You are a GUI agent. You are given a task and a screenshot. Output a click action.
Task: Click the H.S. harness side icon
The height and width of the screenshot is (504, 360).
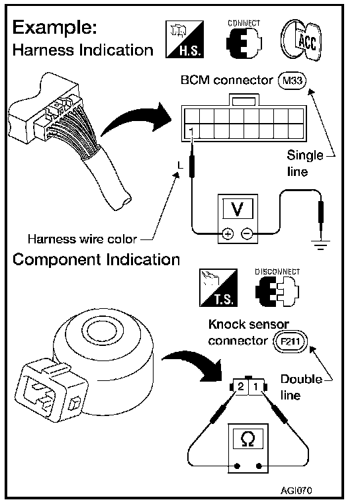pyautogui.click(x=185, y=39)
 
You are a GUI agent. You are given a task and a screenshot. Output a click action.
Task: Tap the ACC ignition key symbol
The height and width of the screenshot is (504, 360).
pyautogui.click(x=301, y=40)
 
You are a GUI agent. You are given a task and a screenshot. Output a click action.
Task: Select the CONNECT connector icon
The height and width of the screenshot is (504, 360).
pyautogui.click(x=244, y=39)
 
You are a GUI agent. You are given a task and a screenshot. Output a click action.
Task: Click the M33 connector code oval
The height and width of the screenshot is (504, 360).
pyautogui.click(x=292, y=80)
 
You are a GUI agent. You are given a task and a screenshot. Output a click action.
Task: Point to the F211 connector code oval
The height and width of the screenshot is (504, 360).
pyautogui.click(x=291, y=341)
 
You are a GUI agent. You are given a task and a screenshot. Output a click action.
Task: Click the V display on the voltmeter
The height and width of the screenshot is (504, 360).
pyautogui.click(x=238, y=209)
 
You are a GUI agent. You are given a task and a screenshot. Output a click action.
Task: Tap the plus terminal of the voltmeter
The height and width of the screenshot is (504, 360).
pyautogui.click(x=228, y=233)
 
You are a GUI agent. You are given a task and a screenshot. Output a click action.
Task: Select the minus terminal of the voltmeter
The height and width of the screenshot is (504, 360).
pyautogui.click(x=247, y=233)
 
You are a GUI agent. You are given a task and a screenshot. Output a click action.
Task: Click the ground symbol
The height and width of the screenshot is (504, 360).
pyautogui.click(x=320, y=244)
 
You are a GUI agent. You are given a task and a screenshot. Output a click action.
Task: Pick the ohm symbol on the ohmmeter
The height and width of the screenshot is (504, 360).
pyautogui.click(x=248, y=439)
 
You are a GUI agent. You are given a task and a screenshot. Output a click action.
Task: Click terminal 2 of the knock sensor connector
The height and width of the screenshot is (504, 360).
pyautogui.click(x=241, y=387)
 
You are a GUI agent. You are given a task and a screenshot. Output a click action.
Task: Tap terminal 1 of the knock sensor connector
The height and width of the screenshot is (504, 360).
pyautogui.click(x=255, y=387)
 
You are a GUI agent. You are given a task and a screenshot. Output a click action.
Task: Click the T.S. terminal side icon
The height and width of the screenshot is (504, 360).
pyautogui.click(x=218, y=288)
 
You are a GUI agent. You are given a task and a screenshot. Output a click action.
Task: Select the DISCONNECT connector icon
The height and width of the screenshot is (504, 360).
pyautogui.click(x=277, y=287)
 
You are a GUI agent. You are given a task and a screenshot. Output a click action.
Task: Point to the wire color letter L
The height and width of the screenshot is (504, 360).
pyautogui.click(x=180, y=165)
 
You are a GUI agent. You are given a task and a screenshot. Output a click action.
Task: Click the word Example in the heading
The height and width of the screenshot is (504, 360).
pyautogui.click(x=55, y=28)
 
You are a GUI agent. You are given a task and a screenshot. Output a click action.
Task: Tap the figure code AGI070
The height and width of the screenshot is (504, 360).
pyautogui.click(x=296, y=491)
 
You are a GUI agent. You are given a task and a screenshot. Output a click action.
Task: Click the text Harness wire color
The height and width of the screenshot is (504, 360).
pyautogui.click(x=82, y=239)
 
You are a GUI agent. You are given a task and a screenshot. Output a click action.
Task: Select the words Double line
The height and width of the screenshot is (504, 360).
pyautogui.click(x=301, y=387)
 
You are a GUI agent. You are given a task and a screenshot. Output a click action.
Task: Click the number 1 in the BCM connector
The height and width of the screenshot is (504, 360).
pyautogui.click(x=191, y=132)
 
